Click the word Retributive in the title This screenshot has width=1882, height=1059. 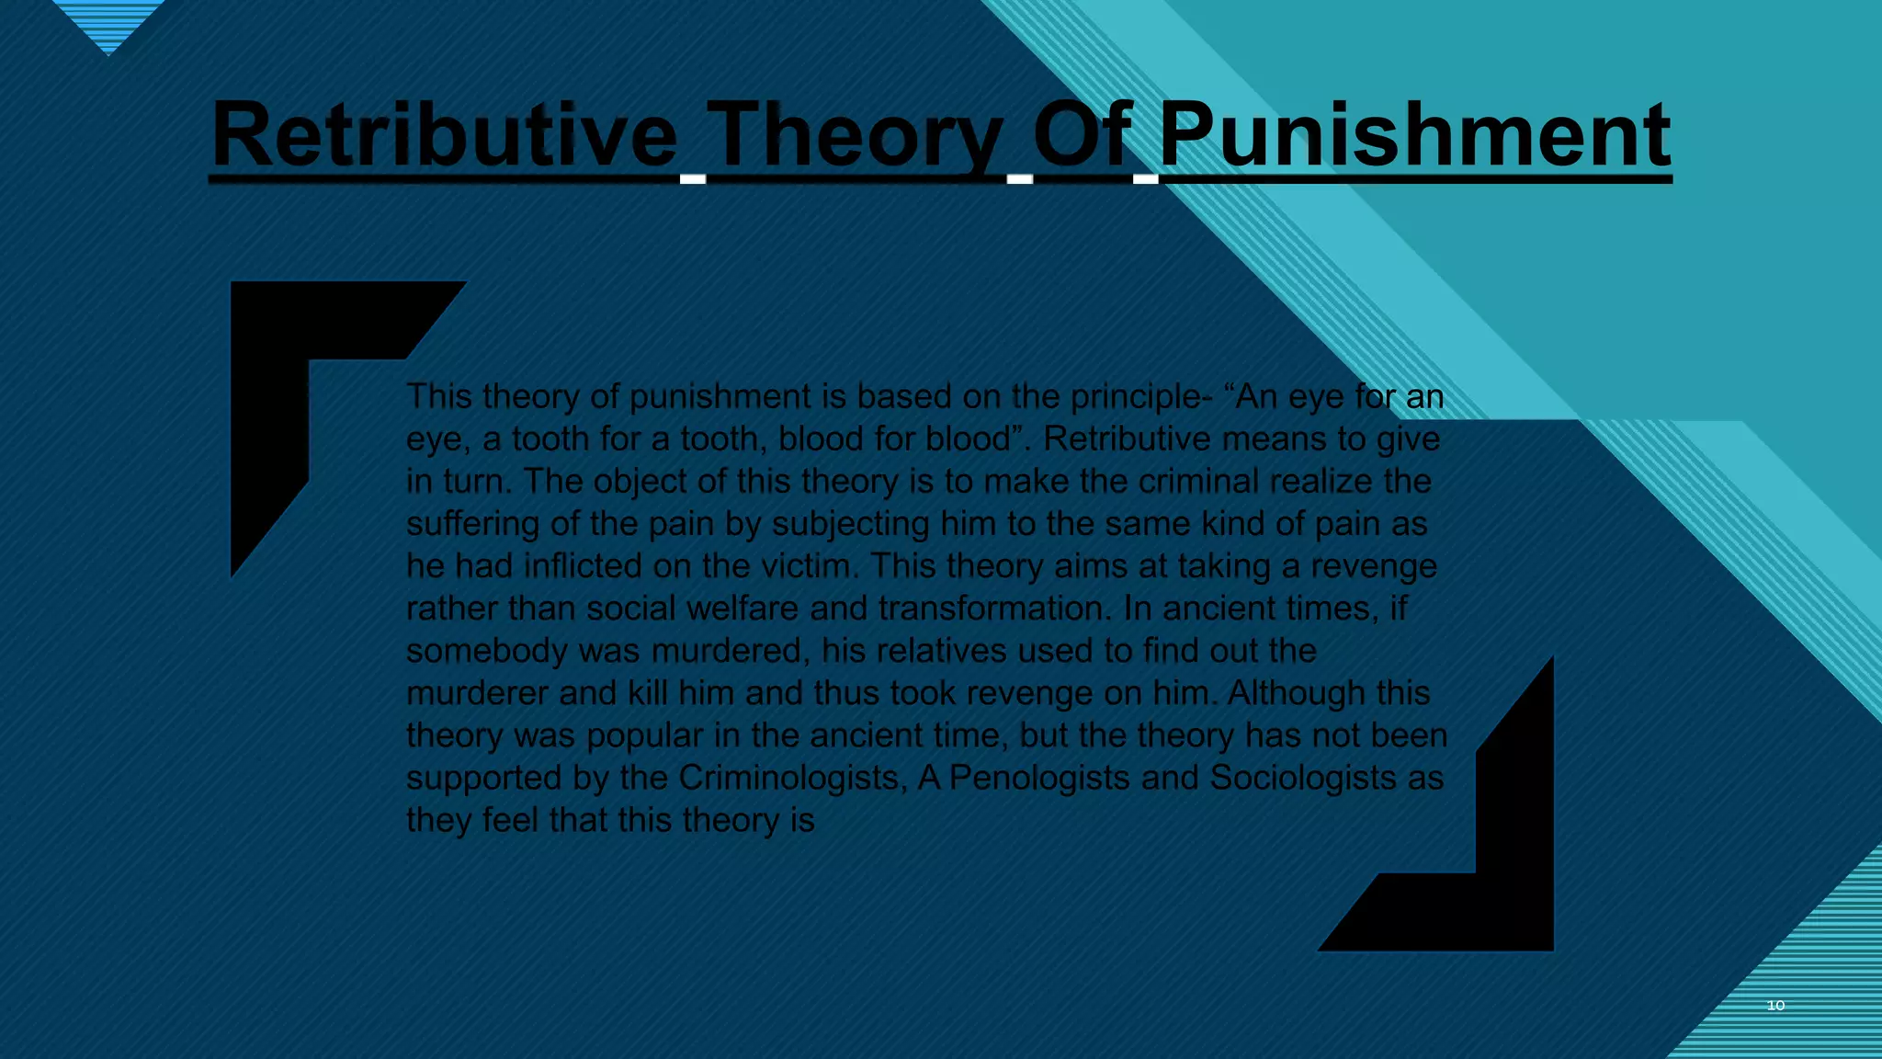tap(445, 136)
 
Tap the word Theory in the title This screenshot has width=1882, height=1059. tap(855, 136)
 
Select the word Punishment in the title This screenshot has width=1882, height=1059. tap(1415, 136)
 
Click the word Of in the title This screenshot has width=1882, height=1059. tap(1082, 136)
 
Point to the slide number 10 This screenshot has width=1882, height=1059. tap(1775, 1006)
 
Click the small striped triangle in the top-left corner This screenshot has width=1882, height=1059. tap(108, 23)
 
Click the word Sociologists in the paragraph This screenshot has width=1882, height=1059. tap(1302, 778)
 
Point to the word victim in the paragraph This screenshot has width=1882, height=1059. tap(809, 566)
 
